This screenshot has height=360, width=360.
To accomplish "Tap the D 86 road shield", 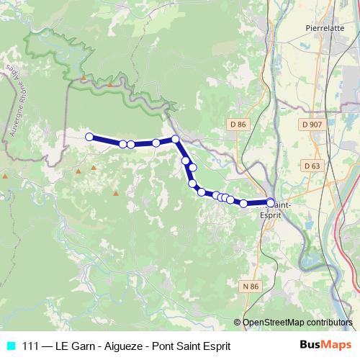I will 238,125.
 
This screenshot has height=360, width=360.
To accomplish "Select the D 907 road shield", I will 312,125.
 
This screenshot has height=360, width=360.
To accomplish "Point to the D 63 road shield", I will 312,166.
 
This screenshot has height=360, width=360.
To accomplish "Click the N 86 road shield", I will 251,287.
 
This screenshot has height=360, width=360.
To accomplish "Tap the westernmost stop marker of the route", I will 89,137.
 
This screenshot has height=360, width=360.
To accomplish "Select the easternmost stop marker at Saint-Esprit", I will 271,202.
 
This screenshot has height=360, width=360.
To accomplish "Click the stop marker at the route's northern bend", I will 175,139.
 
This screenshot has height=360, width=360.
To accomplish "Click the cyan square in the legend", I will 10,346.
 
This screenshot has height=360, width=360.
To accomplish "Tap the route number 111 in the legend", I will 31,346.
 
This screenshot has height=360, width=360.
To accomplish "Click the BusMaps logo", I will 324,346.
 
